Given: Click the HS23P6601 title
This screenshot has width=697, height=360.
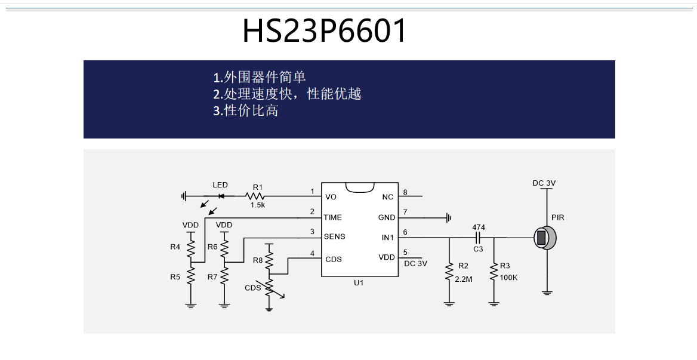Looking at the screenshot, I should (x=324, y=31).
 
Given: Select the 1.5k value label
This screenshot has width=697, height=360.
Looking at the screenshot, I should (x=257, y=205).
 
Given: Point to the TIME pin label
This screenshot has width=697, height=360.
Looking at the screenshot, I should (x=332, y=217).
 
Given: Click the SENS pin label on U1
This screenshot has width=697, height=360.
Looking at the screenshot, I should (x=334, y=236).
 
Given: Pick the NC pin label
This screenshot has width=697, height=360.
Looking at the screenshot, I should (x=388, y=197).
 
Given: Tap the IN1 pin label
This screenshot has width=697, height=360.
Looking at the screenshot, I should (x=388, y=238).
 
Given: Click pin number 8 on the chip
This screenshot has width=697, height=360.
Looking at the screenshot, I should (x=405, y=192).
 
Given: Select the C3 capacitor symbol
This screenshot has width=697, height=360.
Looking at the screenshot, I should (x=478, y=238).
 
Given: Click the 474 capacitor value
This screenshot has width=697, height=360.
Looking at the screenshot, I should (x=479, y=227).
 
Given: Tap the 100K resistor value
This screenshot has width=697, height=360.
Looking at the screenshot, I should (x=508, y=278).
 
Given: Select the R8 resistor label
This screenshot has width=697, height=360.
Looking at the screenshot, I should (x=257, y=260).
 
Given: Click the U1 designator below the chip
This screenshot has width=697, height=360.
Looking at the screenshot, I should (x=358, y=283).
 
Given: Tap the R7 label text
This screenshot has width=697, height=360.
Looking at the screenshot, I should (x=212, y=277).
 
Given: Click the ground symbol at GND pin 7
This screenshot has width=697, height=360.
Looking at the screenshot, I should (x=449, y=218).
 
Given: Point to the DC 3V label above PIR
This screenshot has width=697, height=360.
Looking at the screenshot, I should (x=544, y=183).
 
